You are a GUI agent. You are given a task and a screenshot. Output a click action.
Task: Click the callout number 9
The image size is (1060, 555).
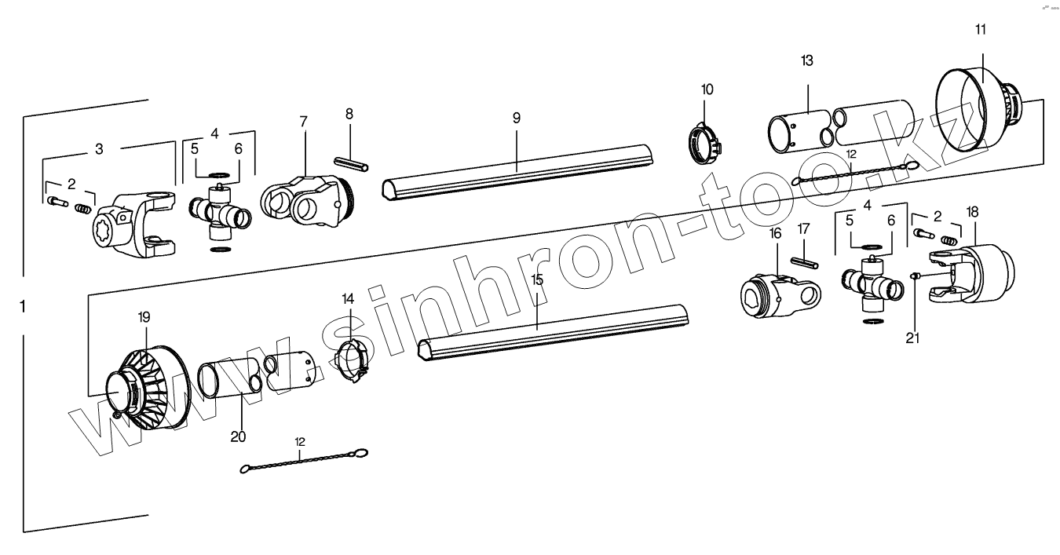click(516, 119)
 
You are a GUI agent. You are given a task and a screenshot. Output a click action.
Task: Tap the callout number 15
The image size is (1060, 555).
click(537, 279)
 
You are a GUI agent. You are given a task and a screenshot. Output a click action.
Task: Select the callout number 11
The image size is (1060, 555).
click(981, 30)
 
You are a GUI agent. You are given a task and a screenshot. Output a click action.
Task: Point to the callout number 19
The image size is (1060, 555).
click(144, 317)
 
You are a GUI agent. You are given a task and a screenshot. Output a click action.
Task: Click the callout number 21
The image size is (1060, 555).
click(912, 338)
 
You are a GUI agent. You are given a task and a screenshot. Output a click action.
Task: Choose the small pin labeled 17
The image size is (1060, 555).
click(806, 261)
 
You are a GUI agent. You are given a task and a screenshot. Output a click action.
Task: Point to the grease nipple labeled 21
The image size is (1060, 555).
click(915, 275)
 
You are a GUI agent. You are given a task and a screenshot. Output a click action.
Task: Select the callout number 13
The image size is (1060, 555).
click(807, 60)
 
